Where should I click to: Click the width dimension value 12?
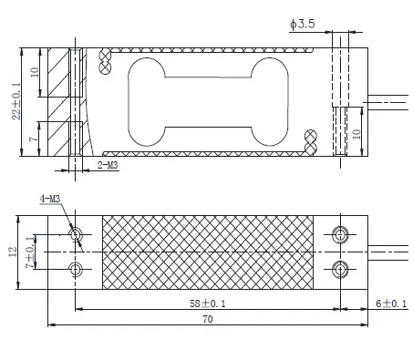coord(12,251)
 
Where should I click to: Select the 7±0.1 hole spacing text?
coord(32,252)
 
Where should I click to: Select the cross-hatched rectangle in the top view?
coord(209,250)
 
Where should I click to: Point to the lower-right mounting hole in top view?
coord(341,268)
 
